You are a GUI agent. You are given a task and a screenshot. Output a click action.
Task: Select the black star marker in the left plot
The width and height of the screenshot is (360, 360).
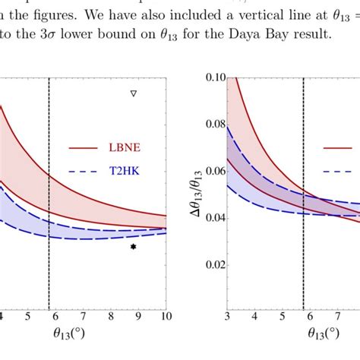coord(134,247)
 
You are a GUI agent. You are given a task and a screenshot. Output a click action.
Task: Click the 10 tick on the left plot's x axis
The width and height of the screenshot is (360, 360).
coord(165,315)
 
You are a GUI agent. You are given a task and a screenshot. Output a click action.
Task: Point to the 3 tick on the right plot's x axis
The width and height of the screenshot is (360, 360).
coord(227,315)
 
